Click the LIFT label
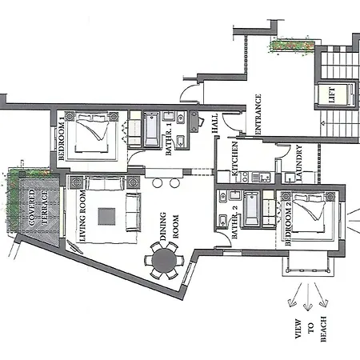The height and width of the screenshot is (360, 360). [332, 95]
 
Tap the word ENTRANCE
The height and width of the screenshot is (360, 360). [258, 114]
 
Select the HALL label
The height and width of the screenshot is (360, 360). [214, 123]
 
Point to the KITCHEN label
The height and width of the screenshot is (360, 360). [234, 158]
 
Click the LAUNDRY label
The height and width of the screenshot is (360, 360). [299, 163]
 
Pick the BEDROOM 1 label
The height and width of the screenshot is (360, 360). [62, 138]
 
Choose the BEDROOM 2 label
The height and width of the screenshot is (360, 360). [288, 223]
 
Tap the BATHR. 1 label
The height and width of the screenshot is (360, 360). [169, 139]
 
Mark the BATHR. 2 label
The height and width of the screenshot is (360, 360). [234, 222]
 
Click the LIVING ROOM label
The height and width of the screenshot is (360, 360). [82, 216]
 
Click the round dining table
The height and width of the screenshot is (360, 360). [164, 260]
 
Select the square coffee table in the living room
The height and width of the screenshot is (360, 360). [106, 217]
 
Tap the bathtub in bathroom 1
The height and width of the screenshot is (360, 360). [152, 130]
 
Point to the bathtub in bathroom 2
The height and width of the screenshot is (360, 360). [251, 209]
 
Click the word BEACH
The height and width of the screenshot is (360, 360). [323, 329]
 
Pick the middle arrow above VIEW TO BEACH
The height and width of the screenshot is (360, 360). [308, 297]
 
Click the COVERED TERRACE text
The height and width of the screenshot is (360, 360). [38, 207]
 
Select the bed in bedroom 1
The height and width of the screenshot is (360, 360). [92, 133]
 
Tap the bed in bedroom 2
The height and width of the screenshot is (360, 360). [309, 213]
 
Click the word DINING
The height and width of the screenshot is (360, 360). [162, 226]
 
